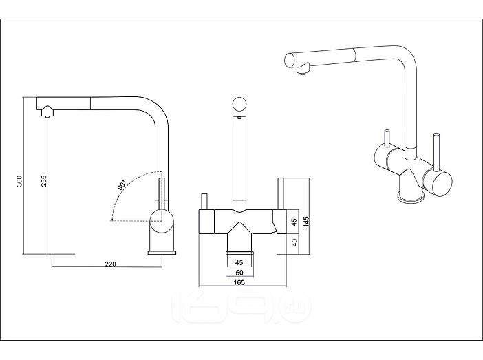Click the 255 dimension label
43,181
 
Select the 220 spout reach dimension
110,264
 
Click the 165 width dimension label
239,282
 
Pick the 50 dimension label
239,272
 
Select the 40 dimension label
293,242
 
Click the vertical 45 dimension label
293,222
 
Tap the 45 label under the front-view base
239,262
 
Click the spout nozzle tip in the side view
46,112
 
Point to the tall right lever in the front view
280,193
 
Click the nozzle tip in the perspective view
300,70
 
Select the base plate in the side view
162,252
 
